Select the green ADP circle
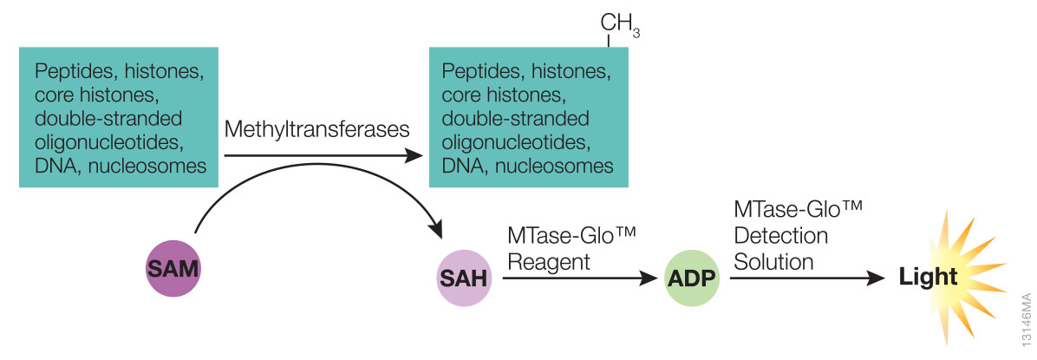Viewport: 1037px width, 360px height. coord(692,278)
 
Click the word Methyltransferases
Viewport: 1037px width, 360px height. coord(316,130)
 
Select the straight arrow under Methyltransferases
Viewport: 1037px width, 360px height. coord(321,156)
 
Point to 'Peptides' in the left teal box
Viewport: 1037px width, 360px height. coord(68,69)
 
